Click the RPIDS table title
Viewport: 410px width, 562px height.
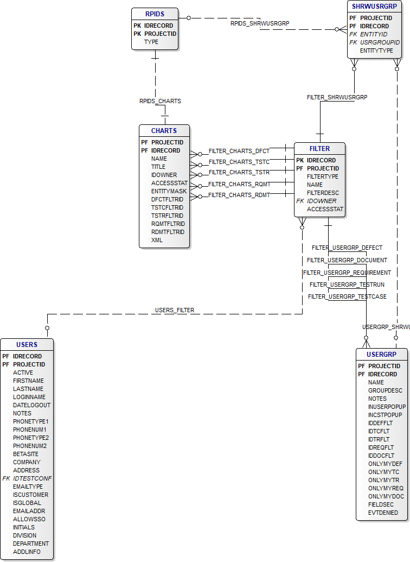(155, 14)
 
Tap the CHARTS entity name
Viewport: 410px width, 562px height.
(164, 130)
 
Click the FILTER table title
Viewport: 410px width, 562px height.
(319, 148)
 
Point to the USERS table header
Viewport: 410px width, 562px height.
(27, 344)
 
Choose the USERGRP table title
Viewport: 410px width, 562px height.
(381, 354)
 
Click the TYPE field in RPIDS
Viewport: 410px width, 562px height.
(151, 42)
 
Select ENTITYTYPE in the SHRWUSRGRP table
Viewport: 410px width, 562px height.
(376, 50)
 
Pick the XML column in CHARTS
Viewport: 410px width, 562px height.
(157, 240)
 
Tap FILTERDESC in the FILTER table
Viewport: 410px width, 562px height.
(323, 193)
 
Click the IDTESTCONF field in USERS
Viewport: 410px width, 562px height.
(33, 478)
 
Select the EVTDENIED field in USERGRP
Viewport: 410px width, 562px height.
(383, 513)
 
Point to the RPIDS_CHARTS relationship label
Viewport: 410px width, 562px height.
(160, 101)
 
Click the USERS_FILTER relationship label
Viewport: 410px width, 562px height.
(175, 310)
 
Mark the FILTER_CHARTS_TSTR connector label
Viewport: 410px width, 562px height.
(239, 172)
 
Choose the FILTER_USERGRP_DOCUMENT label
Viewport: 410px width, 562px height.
(347, 260)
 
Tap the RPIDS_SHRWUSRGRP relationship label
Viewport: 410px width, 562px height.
(260, 23)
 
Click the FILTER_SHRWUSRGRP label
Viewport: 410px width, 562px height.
(337, 97)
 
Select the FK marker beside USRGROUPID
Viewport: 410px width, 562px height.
(353, 42)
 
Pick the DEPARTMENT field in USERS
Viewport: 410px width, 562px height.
(31, 544)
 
